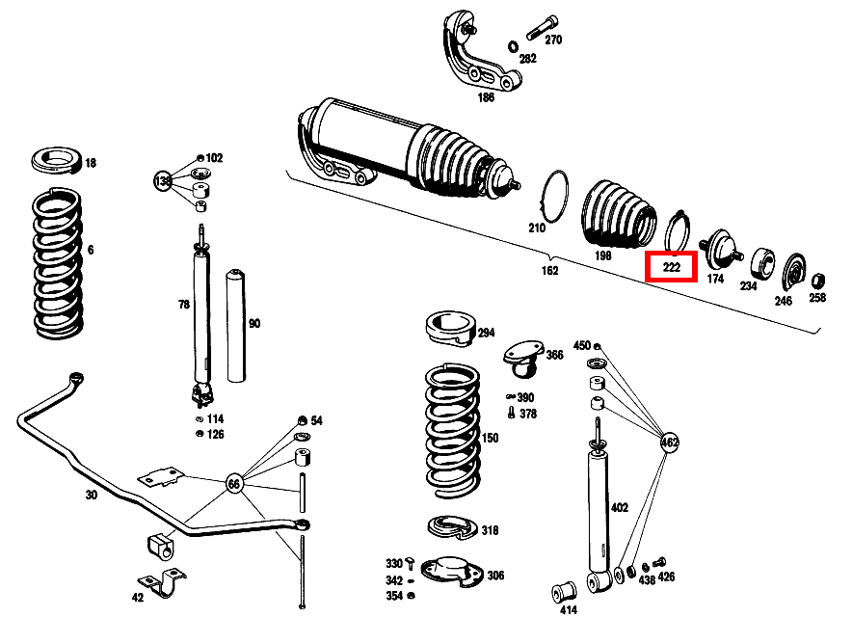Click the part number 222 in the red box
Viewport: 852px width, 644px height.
[671, 266]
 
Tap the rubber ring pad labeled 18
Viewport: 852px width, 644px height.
[57, 161]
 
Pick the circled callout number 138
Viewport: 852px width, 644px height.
[163, 180]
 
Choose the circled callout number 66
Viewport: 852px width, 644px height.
[234, 483]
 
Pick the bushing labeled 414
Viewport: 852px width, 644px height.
[568, 587]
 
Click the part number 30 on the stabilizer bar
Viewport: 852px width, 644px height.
[91, 495]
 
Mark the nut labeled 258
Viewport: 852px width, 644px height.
[817, 281]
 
